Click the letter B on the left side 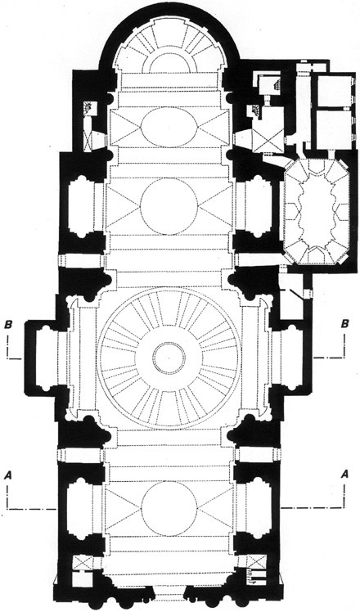7,324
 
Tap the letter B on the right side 344,324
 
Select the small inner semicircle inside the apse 169,54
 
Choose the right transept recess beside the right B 290,356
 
